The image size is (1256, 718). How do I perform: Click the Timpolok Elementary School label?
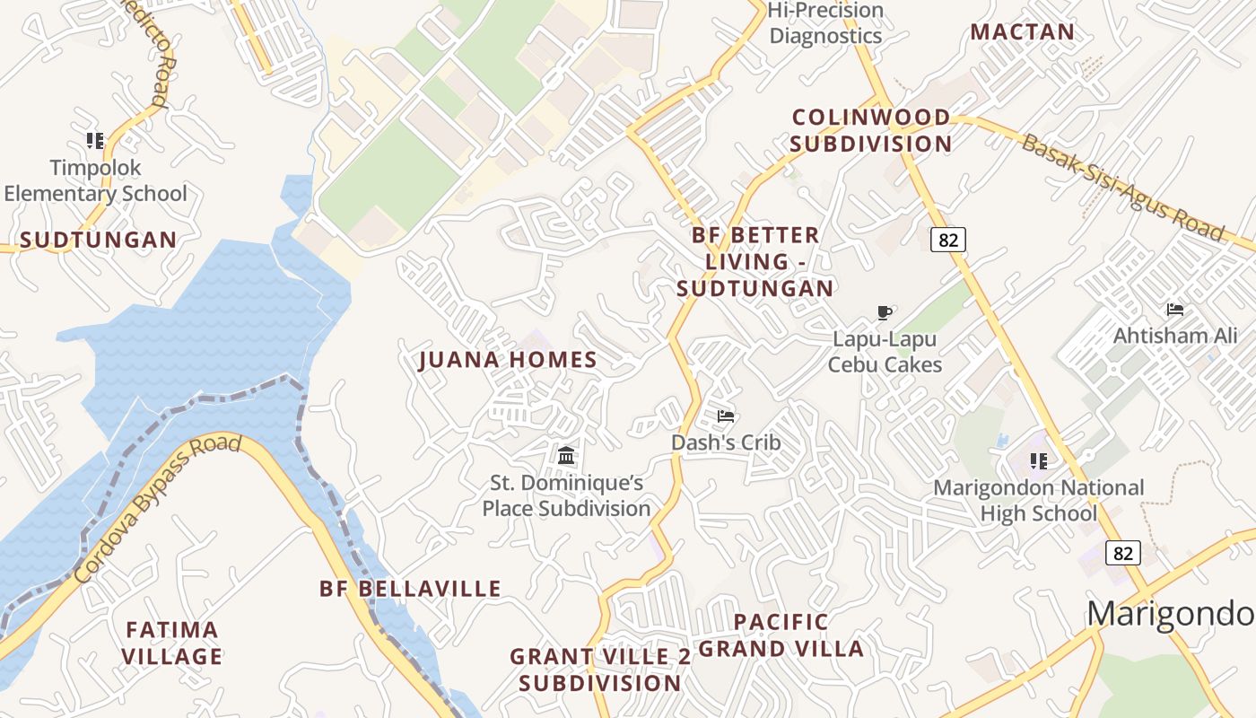pos(95,180)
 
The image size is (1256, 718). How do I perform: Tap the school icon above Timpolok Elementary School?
pos(95,140)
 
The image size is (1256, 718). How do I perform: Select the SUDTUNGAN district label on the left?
pos(99,240)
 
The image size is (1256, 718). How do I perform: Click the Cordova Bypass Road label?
pos(158,508)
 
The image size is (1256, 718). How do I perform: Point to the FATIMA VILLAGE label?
pos(172,643)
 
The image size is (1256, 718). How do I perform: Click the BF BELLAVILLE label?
pos(411,589)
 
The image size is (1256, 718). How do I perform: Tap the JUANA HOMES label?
pos(508,360)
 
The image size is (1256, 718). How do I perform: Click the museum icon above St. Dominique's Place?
pos(566,455)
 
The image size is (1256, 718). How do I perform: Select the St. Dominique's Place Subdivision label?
pos(566,495)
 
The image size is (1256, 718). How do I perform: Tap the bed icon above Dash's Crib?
pos(726,416)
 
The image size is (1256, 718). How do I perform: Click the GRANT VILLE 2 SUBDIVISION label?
pos(600,670)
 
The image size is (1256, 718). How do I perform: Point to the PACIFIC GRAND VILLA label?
pos(781,635)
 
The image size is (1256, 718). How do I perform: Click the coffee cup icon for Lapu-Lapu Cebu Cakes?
pos(885,312)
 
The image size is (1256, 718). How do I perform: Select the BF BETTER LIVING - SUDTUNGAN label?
pos(755,261)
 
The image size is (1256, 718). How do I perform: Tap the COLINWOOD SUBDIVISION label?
pos(871,130)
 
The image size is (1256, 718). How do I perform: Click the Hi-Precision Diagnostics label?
pos(826,23)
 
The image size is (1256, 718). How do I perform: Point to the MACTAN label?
pos(1023,31)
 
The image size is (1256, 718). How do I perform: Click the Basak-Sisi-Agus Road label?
pos(1122,188)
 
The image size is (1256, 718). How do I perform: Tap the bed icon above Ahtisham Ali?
pos(1175,310)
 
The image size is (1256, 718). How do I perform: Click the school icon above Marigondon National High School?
pos(1039,461)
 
